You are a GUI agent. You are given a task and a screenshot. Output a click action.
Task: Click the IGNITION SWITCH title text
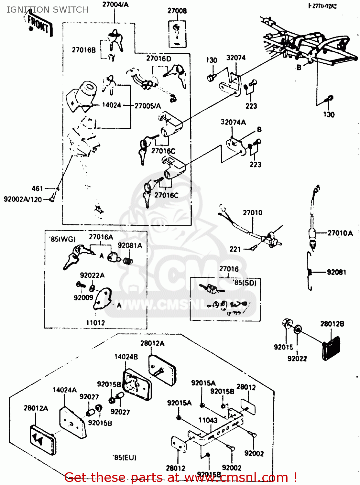click(47, 10)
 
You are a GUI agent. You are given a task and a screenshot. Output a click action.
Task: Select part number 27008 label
click(177, 11)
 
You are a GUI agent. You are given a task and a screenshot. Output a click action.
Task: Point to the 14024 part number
click(111, 105)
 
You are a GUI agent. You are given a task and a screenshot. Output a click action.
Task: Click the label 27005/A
click(147, 106)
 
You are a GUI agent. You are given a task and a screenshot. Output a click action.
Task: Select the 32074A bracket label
click(233, 122)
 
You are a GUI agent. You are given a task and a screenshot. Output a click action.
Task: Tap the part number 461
click(37, 188)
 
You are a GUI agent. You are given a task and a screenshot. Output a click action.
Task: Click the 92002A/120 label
click(23, 199)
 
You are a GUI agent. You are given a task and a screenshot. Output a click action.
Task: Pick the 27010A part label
click(340, 233)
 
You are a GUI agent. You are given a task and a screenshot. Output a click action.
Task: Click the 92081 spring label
click(336, 272)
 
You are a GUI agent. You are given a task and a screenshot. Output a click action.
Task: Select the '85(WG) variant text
click(62, 239)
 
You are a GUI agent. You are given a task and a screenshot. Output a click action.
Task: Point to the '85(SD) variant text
click(245, 283)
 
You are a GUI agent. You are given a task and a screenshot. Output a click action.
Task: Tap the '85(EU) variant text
click(125, 458)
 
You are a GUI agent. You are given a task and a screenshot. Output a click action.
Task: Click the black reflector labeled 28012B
click(331, 349)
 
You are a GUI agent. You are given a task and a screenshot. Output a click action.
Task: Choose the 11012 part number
click(95, 323)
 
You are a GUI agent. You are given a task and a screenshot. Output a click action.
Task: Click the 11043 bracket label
click(208, 420)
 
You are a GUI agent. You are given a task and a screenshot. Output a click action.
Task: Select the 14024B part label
click(126, 357)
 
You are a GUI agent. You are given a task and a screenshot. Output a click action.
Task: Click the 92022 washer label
click(297, 358)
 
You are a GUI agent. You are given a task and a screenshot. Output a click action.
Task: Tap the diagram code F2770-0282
click(322, 6)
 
